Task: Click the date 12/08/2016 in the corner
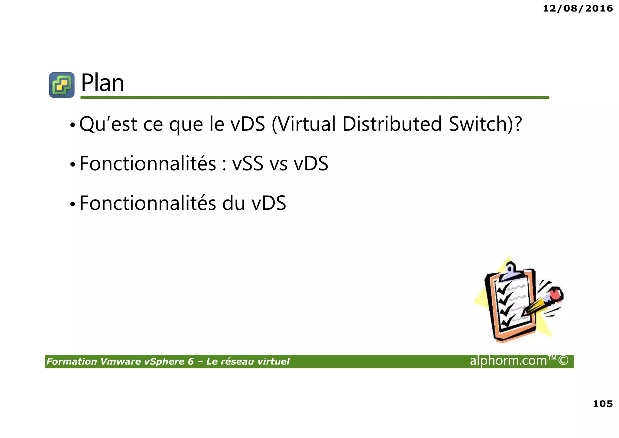(578, 8)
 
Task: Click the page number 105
(603, 404)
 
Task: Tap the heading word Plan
(103, 83)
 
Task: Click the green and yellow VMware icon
(62, 85)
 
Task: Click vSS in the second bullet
(248, 164)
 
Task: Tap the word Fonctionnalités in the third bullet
(148, 203)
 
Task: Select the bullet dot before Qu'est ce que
(72, 125)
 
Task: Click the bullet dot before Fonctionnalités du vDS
(72, 204)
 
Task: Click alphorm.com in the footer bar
(508, 361)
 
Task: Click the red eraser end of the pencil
(556, 294)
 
